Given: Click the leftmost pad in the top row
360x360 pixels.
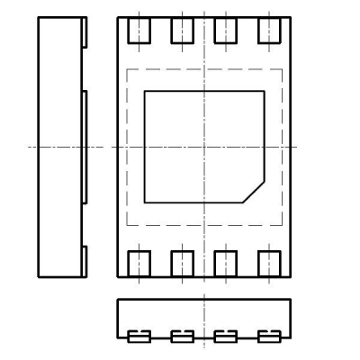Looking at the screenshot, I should tap(139, 30).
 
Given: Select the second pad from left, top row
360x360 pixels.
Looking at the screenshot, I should tap(183, 30).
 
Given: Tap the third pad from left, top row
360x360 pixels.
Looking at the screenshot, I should tap(226, 30).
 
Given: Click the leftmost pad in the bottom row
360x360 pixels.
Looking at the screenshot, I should tap(139, 264).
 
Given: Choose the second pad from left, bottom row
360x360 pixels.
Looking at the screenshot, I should tap(183, 264).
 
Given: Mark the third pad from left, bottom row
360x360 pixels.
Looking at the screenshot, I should tap(226, 264).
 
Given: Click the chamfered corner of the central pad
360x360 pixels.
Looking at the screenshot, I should tap(253, 192).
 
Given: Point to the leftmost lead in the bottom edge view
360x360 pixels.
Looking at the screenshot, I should tap(139, 337).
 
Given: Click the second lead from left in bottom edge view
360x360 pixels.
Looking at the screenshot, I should tap(183, 337).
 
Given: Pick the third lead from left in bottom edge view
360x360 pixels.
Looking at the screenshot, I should tap(226, 337).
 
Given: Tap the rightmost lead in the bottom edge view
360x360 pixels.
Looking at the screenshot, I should tap(269, 337).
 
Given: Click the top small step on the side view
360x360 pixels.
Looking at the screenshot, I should tap(85, 33).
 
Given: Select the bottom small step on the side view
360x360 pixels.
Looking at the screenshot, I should tap(85, 261).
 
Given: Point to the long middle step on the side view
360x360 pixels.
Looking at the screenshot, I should tap(85, 146).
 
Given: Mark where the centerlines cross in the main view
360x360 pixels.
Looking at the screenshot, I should tap(204, 147).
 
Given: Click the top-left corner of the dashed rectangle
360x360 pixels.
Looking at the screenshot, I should tap(127, 69).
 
